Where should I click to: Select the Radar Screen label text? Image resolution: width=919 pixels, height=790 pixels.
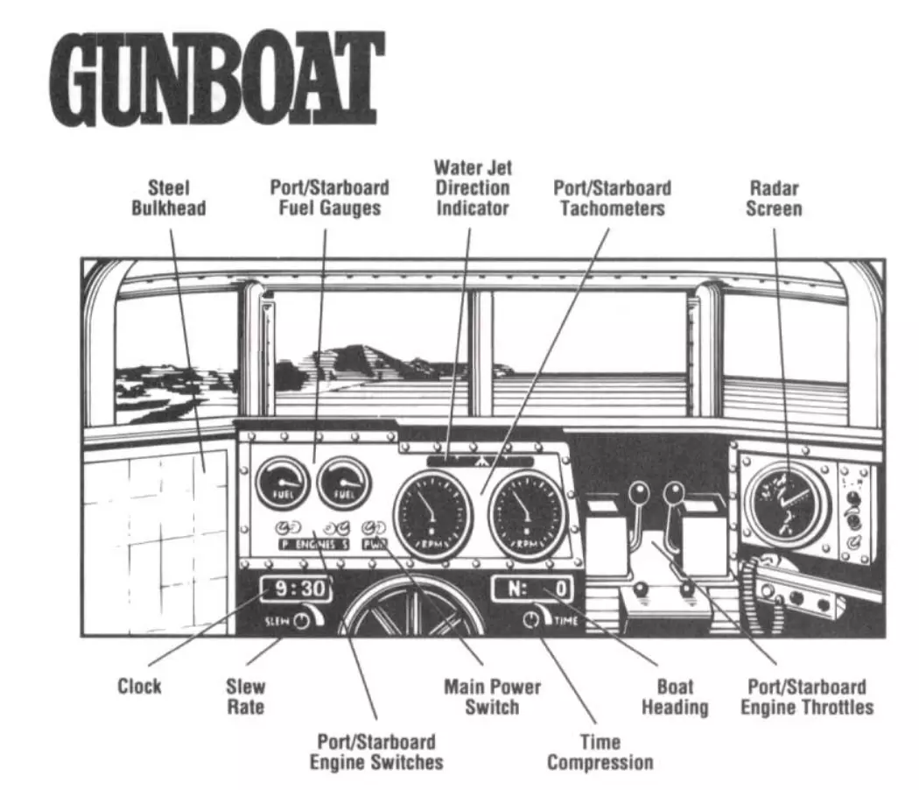[x=774, y=198]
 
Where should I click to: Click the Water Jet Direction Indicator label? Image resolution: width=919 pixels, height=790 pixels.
[x=473, y=187]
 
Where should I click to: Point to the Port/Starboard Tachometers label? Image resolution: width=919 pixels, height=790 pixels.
[x=613, y=198]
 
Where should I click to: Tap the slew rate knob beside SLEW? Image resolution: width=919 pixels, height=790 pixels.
[x=302, y=621]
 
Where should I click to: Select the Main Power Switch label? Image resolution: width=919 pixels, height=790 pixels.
[x=492, y=696]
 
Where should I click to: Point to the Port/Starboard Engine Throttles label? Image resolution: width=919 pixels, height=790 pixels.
[x=807, y=696]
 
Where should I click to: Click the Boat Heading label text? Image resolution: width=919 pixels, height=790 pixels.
[x=675, y=696]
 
